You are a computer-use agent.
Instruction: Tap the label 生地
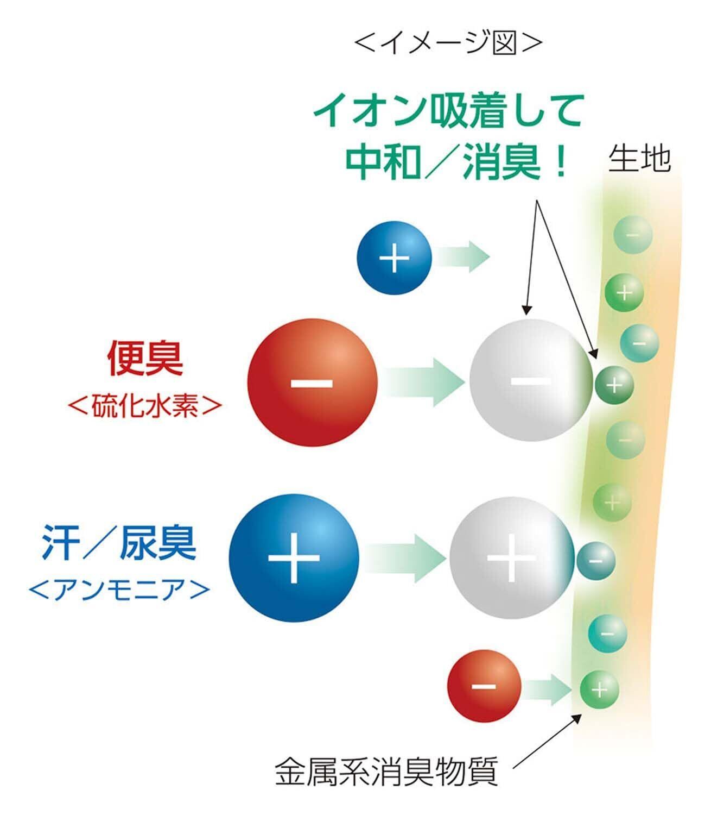pyautogui.click(x=639, y=159)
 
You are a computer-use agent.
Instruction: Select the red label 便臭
pyautogui.click(x=145, y=359)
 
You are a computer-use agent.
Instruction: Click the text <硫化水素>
pyautogui.click(x=145, y=406)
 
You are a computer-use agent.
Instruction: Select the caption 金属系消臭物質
pyautogui.click(x=386, y=772)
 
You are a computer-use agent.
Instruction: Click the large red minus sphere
pyautogui.click(x=312, y=383)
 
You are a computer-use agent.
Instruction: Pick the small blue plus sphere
pyautogui.click(x=394, y=257)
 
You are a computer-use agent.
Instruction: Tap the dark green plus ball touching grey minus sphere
pyautogui.click(x=614, y=385)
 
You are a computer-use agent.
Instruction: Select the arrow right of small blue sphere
pyautogui.click(x=461, y=256)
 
